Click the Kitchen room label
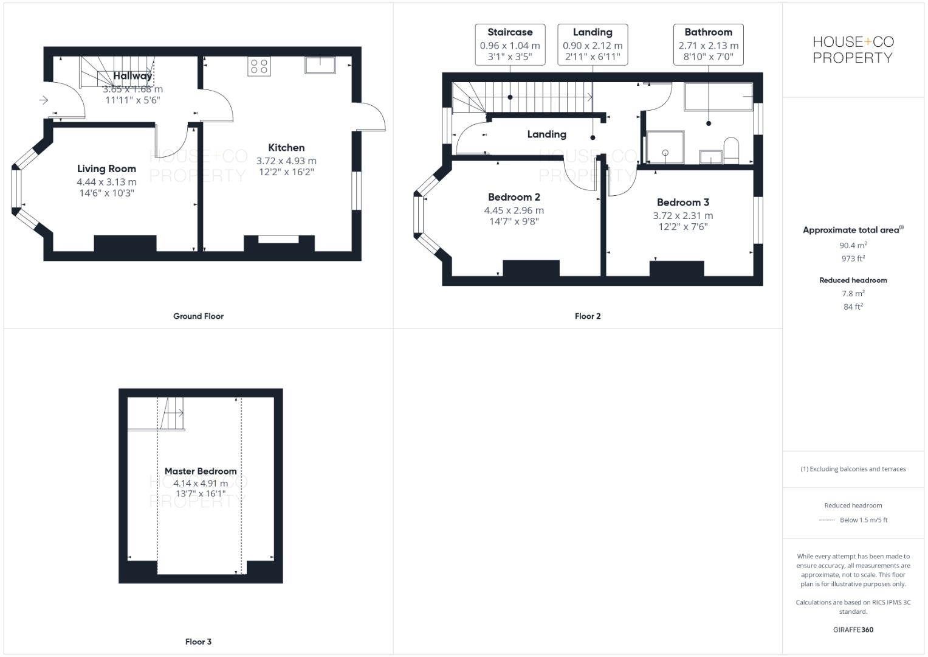pyautogui.click(x=286, y=147)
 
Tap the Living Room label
pyautogui.click(x=106, y=169)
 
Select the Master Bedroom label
pyautogui.click(x=201, y=471)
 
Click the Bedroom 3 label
pyautogui.click(x=682, y=202)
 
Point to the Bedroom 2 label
pyautogui.click(x=514, y=197)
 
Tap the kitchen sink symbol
pyautogui.click(x=320, y=65)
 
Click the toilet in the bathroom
pyautogui.click(x=730, y=150)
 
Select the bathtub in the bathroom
pyautogui.click(x=718, y=97)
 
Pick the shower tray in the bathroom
pyautogui.click(x=665, y=147)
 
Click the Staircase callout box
pyautogui.click(x=510, y=44)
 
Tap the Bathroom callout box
pyautogui.click(x=708, y=44)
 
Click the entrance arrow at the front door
pyautogui.click(x=44, y=100)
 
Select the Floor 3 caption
pyautogui.click(x=198, y=641)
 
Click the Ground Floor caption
pyautogui.click(x=198, y=316)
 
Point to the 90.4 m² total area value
pyautogui.click(x=853, y=245)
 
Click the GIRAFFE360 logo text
pyautogui.click(x=853, y=630)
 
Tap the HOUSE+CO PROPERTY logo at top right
pyautogui.click(x=853, y=49)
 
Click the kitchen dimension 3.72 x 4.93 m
pyautogui.click(x=286, y=161)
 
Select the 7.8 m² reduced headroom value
pyautogui.click(x=853, y=294)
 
